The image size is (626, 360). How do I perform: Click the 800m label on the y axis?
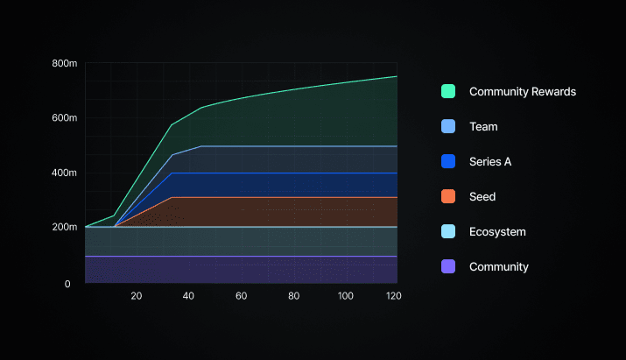(65, 63)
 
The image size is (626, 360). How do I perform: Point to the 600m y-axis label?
(65, 117)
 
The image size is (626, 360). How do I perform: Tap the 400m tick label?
(65, 173)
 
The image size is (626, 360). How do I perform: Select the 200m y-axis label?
(65, 227)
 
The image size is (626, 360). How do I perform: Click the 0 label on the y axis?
(67, 284)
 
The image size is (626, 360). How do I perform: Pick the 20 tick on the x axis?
(137, 296)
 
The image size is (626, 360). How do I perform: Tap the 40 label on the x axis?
(188, 296)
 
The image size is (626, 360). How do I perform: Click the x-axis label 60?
(241, 296)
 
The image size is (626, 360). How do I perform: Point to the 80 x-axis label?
(293, 296)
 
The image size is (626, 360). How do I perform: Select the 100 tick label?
(346, 296)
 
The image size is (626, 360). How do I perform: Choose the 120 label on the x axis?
(394, 296)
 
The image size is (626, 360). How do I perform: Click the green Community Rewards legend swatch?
(448, 91)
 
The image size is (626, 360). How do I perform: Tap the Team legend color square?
(448, 126)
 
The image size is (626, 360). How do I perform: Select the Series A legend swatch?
(448, 161)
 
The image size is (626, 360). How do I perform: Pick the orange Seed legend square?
(448, 196)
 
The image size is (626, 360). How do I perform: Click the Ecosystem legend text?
(497, 232)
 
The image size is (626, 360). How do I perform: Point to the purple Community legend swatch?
(448, 266)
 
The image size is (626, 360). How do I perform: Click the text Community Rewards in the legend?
(523, 91)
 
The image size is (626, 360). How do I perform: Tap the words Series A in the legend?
(490, 161)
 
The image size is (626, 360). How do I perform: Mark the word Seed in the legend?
(482, 196)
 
